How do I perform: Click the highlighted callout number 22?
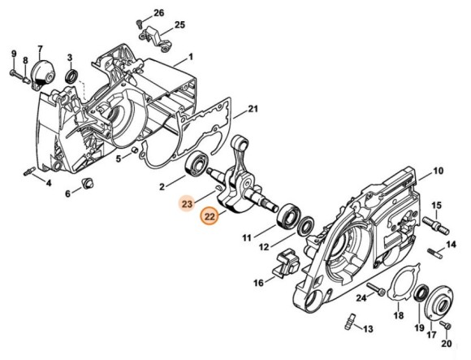click(210, 216)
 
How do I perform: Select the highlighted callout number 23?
click(187, 204)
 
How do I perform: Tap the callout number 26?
click(159, 13)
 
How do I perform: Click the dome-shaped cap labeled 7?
click(44, 75)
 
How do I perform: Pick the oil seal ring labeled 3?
click(71, 76)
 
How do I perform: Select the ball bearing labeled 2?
click(197, 164)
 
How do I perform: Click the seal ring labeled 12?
click(305, 225)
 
